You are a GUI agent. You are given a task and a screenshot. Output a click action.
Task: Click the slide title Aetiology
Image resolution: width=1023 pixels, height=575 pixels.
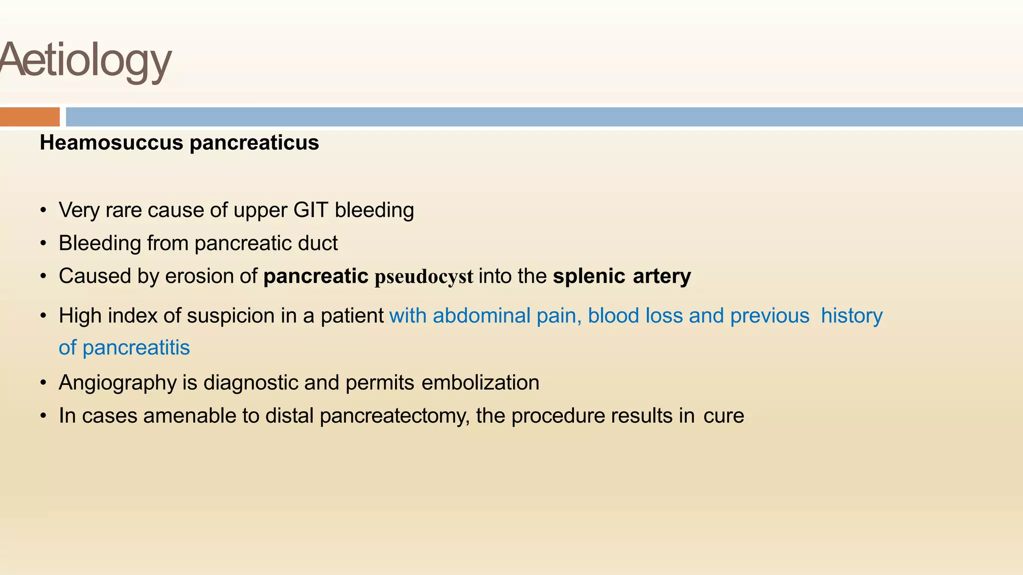(86, 60)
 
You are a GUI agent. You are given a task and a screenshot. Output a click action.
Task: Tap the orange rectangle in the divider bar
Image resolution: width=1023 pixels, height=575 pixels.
(29, 117)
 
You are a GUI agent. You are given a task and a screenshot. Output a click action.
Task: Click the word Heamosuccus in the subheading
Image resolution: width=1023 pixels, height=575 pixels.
(111, 143)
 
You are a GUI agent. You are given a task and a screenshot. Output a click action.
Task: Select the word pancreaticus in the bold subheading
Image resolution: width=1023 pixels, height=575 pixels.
(254, 143)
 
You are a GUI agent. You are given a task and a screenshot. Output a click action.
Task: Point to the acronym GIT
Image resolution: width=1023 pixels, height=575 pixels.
(311, 210)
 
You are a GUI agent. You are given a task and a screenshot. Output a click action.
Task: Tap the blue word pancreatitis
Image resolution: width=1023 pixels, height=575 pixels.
(136, 348)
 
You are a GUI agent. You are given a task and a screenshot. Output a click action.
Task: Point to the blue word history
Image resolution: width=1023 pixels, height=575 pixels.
(852, 316)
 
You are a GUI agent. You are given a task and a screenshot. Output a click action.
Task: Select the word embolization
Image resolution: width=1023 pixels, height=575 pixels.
(480, 383)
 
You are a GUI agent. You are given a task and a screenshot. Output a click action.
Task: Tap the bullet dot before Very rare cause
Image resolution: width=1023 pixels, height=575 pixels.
(43, 211)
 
